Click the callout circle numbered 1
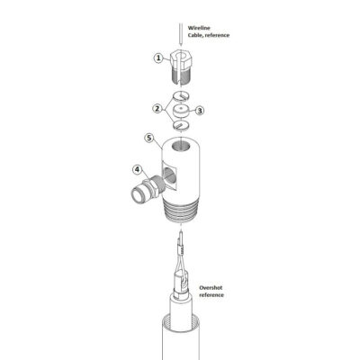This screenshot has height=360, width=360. (158, 58)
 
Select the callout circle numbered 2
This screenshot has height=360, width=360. (157, 108)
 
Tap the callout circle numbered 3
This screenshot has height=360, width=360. (200, 111)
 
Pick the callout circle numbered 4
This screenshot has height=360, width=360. (137, 170)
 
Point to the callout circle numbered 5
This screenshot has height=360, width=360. (149, 138)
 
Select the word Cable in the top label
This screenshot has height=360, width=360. (195, 35)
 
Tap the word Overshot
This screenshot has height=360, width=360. (211, 288)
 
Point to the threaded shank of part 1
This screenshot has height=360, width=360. (181, 76)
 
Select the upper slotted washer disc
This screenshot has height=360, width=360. (181, 96)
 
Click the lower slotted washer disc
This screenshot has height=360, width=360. (181, 124)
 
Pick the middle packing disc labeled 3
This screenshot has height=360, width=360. (181, 111)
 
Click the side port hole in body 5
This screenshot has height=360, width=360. (168, 175)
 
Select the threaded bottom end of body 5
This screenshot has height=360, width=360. (182, 212)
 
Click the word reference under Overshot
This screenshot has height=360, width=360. (211, 295)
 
